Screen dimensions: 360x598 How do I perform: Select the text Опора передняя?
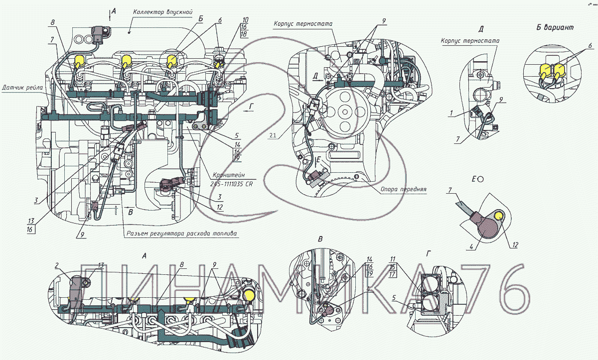[403, 189]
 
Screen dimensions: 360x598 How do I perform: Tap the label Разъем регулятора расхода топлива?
[182, 233]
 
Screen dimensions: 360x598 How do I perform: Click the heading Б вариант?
[554, 28]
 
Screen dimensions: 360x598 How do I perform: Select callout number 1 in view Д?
[450, 114]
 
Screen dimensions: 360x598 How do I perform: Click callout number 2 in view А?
[57, 265]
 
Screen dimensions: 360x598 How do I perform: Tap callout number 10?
[245, 20]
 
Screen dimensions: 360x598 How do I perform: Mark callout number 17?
[392, 274]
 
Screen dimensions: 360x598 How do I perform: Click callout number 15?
[392, 266]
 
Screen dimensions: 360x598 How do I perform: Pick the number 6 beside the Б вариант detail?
[590, 45]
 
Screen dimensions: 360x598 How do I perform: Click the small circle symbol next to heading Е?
[481, 178]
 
